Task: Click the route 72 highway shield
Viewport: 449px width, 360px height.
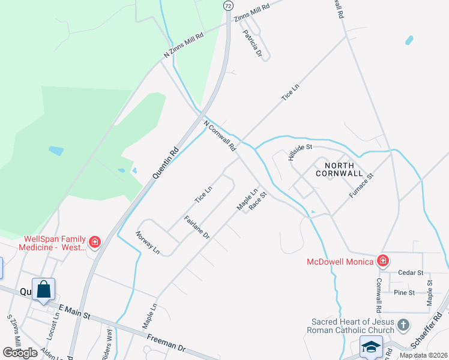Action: (228, 5)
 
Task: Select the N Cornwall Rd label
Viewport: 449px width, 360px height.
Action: (220, 137)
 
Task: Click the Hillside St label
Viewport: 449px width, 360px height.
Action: (300, 152)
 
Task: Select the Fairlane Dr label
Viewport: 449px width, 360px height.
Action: (196, 227)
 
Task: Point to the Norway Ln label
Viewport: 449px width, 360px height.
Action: (147, 242)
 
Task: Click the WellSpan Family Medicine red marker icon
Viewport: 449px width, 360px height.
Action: (94, 242)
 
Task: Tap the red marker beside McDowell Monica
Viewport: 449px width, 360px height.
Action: (383, 261)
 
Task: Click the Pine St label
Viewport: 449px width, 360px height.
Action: (404, 292)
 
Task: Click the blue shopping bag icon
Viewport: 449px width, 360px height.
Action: (44, 290)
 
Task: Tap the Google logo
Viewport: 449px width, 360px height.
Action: (20, 352)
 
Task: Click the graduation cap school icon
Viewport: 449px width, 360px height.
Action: (372, 347)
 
